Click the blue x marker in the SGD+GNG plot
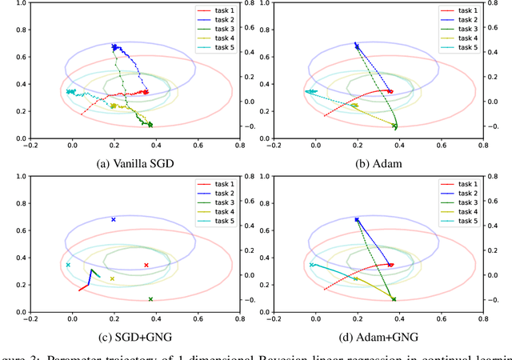(x=114, y=219)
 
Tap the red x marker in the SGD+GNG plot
(x=146, y=265)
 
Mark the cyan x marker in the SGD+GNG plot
(x=68, y=265)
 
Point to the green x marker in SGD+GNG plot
(x=150, y=299)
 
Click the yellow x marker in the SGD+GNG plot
(x=112, y=279)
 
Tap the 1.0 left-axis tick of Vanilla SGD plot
(x=16, y=4)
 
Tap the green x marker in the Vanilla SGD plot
(x=150, y=124)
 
